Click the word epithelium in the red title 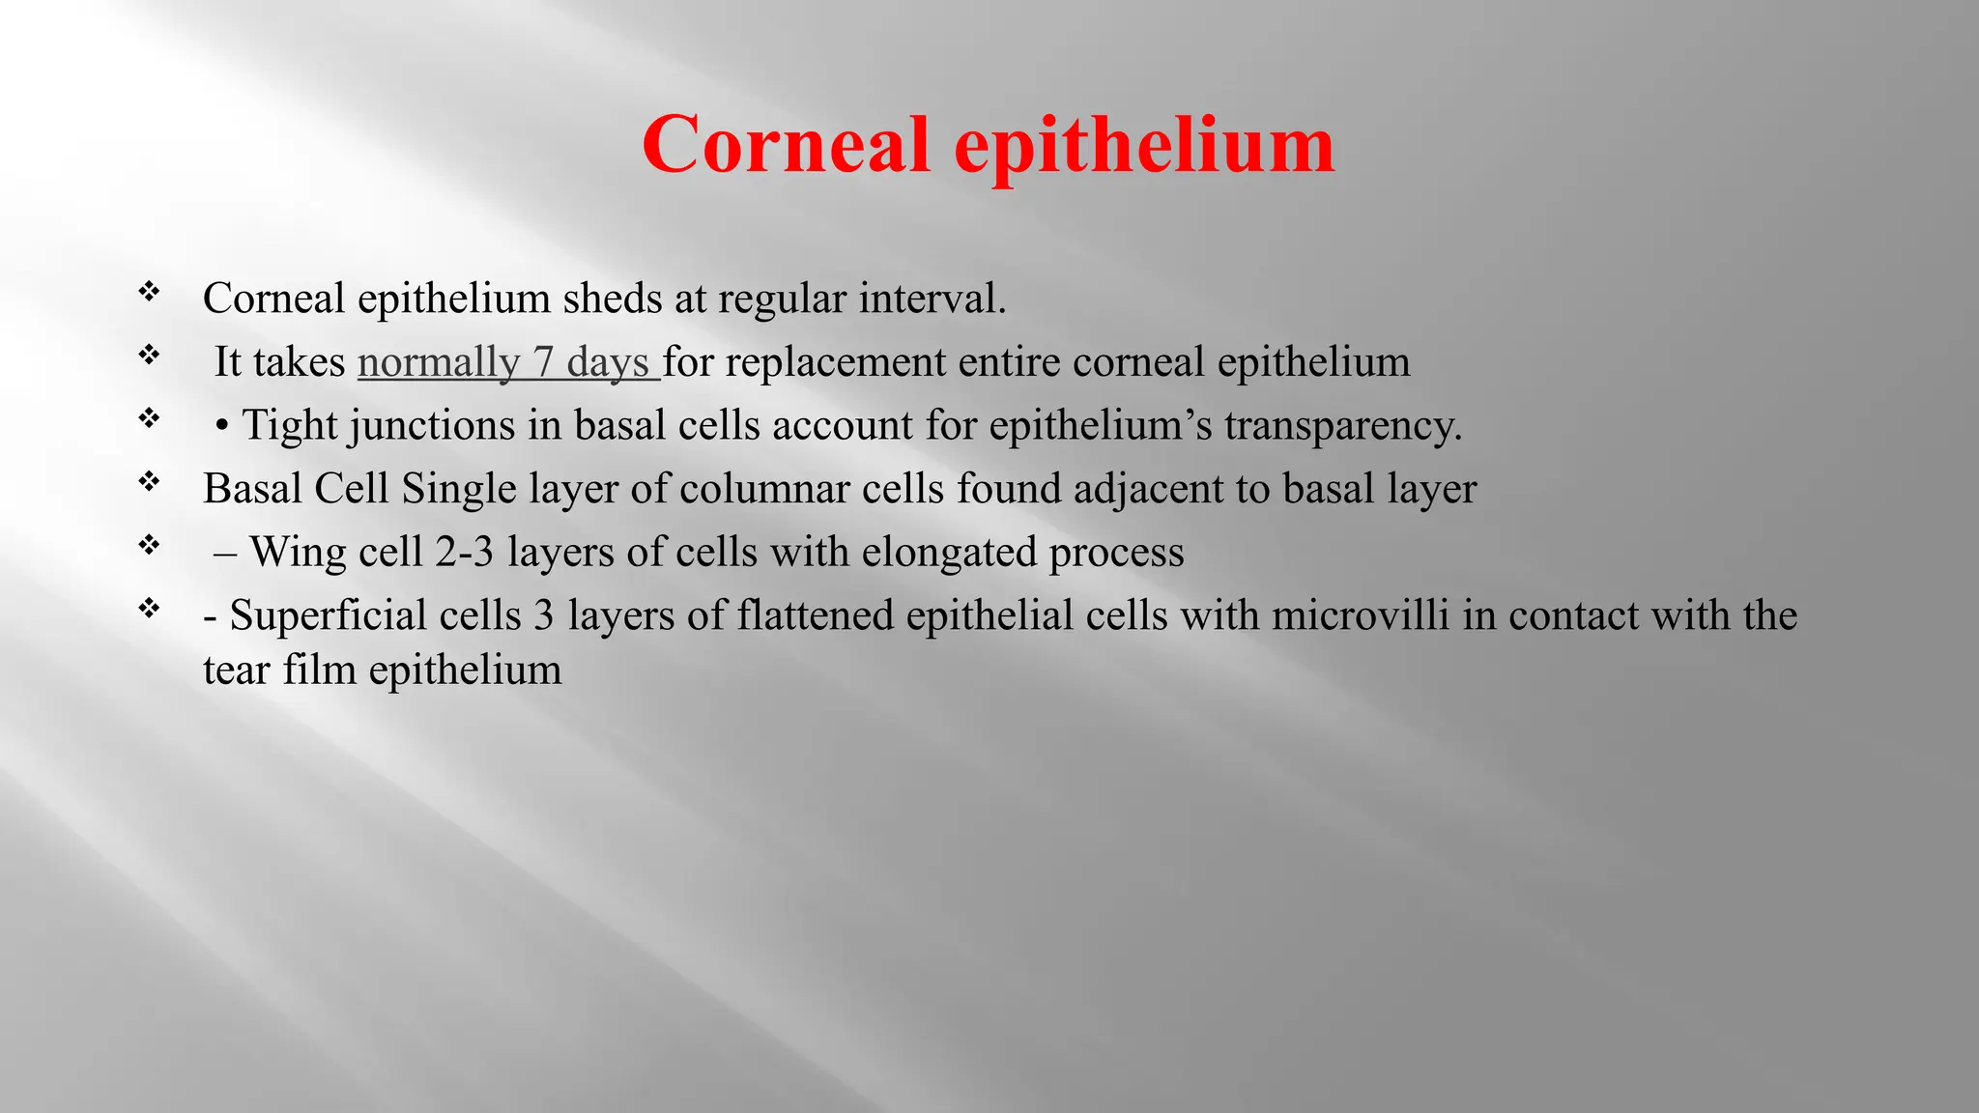(x=1144, y=145)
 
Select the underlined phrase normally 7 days (x=508, y=362)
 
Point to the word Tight (x=291, y=425)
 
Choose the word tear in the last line (x=237, y=670)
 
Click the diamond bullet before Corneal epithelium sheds (x=149, y=291)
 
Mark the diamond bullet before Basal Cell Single (x=149, y=481)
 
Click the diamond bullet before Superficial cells (x=149, y=608)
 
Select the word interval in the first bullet (x=932, y=299)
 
